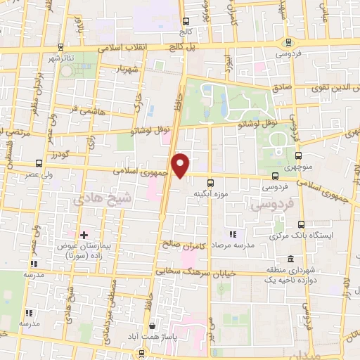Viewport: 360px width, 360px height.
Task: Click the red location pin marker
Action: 181,165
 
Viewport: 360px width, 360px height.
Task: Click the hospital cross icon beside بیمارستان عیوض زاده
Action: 84,234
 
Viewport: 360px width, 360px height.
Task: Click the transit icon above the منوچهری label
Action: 300,156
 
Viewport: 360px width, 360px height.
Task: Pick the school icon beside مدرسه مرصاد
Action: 233,234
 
